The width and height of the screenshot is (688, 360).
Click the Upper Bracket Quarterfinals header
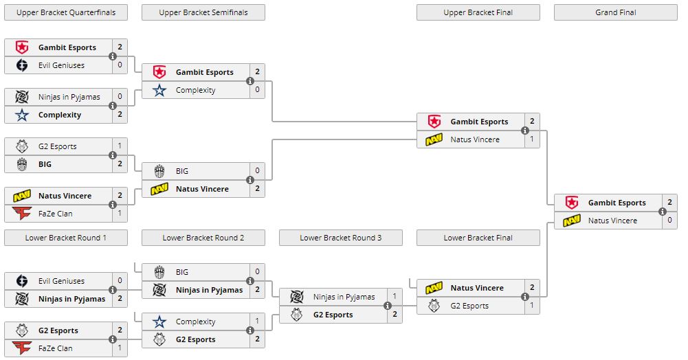click(66, 12)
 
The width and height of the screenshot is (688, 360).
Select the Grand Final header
click(615, 12)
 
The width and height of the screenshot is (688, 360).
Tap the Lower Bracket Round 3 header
click(340, 238)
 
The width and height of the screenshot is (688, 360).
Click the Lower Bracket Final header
click(478, 238)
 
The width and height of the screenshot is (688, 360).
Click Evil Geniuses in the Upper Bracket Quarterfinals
click(61, 65)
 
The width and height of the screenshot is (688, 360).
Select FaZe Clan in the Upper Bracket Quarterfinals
click(55, 214)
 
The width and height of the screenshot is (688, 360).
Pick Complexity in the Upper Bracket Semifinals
click(195, 90)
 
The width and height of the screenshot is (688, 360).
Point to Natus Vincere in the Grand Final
click(612, 221)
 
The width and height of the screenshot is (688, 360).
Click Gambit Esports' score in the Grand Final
click(670, 203)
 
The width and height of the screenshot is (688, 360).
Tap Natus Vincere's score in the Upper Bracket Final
click(533, 139)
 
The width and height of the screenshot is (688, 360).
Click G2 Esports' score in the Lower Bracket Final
click(533, 306)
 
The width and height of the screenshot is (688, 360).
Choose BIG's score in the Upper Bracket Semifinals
click(258, 171)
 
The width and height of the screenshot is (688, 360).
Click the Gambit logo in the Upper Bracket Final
click(434, 122)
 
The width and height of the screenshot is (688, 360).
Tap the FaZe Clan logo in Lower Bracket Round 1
click(22, 348)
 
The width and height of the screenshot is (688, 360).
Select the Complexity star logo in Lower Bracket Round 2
click(159, 322)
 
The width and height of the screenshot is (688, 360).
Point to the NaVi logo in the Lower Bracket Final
click(434, 288)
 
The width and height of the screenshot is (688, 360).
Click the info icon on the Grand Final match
click(663, 212)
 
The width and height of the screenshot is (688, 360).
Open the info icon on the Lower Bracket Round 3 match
click(388, 306)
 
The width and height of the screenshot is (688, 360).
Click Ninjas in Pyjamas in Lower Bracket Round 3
click(344, 297)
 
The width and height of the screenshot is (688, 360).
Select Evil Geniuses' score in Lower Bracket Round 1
click(120, 281)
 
